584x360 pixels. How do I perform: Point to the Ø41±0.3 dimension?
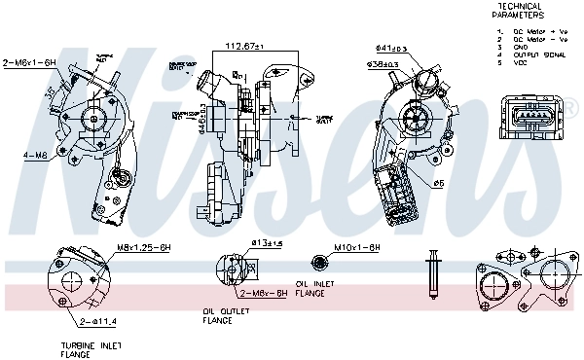[x=391, y=48]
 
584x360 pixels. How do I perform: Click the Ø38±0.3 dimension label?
[x=382, y=64]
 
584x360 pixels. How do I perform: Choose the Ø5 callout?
[x=439, y=182]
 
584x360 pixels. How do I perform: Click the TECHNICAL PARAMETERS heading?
[x=519, y=11]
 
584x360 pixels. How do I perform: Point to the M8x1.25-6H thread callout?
[x=144, y=247]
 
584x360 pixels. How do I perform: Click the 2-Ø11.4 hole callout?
[x=99, y=320]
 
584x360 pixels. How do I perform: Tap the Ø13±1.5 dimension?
[x=266, y=242]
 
